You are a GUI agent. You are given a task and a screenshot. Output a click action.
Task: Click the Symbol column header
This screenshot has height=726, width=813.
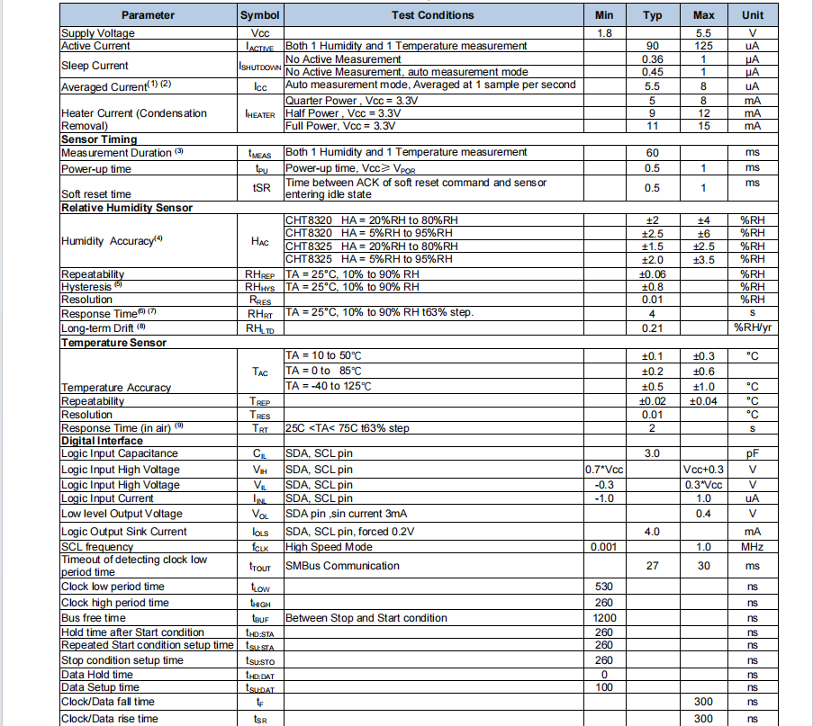click(x=260, y=15)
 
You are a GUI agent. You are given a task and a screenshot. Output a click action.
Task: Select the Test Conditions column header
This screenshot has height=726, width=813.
click(x=432, y=15)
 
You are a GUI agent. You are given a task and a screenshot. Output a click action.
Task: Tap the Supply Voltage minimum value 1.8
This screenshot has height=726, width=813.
click(x=604, y=33)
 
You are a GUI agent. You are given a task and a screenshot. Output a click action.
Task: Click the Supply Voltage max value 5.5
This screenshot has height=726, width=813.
click(x=703, y=33)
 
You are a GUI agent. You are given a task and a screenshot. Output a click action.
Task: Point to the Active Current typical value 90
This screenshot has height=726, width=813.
click(x=653, y=46)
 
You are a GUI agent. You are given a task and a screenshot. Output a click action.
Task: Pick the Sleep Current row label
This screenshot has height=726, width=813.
click(x=95, y=66)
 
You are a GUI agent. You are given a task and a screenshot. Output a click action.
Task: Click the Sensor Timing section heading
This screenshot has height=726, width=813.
click(x=99, y=139)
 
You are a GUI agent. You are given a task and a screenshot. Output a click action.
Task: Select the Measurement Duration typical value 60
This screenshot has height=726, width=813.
click(x=653, y=153)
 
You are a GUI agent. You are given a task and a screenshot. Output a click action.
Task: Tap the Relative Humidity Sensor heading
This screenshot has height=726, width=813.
click(x=126, y=208)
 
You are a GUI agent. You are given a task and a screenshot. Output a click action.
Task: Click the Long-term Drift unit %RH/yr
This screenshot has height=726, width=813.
click(x=752, y=328)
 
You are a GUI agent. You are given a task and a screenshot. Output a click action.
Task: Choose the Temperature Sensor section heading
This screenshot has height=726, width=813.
click(x=113, y=343)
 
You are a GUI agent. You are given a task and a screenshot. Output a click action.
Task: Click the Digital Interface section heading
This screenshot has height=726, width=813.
click(x=102, y=441)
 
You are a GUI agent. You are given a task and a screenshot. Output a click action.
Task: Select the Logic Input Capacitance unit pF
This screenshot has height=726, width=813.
click(x=752, y=454)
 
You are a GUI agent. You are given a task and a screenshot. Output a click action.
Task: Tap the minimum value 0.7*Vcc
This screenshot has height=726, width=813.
click(x=604, y=470)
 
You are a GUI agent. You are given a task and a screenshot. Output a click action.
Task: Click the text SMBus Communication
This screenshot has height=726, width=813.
click(x=342, y=566)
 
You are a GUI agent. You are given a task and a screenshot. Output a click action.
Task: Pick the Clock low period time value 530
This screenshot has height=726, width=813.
click(x=604, y=587)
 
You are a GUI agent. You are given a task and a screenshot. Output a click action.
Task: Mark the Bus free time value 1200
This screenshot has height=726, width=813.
click(x=604, y=618)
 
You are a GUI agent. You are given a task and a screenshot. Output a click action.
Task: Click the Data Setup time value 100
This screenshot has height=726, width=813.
click(x=604, y=687)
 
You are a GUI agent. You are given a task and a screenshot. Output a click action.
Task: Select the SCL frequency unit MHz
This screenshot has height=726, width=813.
click(x=752, y=547)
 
